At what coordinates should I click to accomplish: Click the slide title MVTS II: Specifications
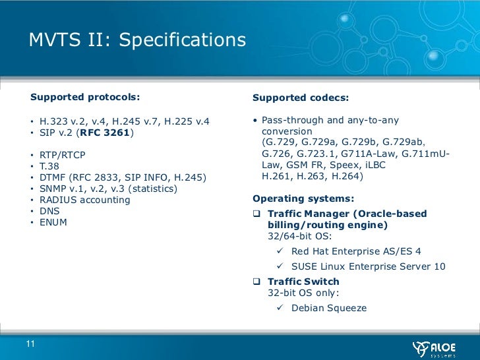point(137,41)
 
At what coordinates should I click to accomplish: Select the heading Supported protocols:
point(85,98)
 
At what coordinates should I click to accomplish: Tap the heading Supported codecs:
point(301,98)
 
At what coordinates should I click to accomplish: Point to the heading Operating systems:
point(303,198)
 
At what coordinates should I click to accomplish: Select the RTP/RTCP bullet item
point(63,155)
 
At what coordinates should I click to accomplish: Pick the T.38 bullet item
point(49,166)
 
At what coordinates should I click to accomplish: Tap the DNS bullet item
point(49,211)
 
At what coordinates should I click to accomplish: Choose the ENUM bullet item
point(53,222)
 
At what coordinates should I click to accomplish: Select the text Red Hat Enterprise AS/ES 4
point(356,251)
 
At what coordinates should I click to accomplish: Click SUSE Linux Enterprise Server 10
point(369,266)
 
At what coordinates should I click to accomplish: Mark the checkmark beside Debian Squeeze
point(280,308)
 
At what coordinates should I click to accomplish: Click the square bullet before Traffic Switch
point(257,282)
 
